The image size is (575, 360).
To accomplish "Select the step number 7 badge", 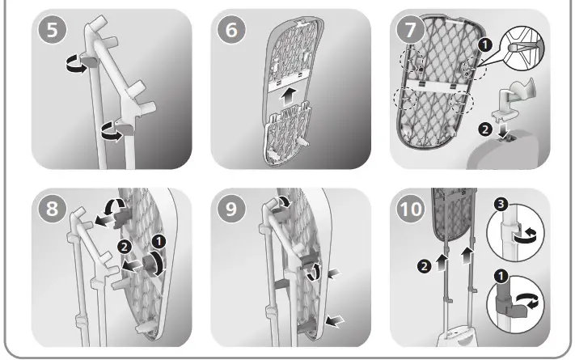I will coord(414,35).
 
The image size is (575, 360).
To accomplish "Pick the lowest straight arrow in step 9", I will coord(333,321).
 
